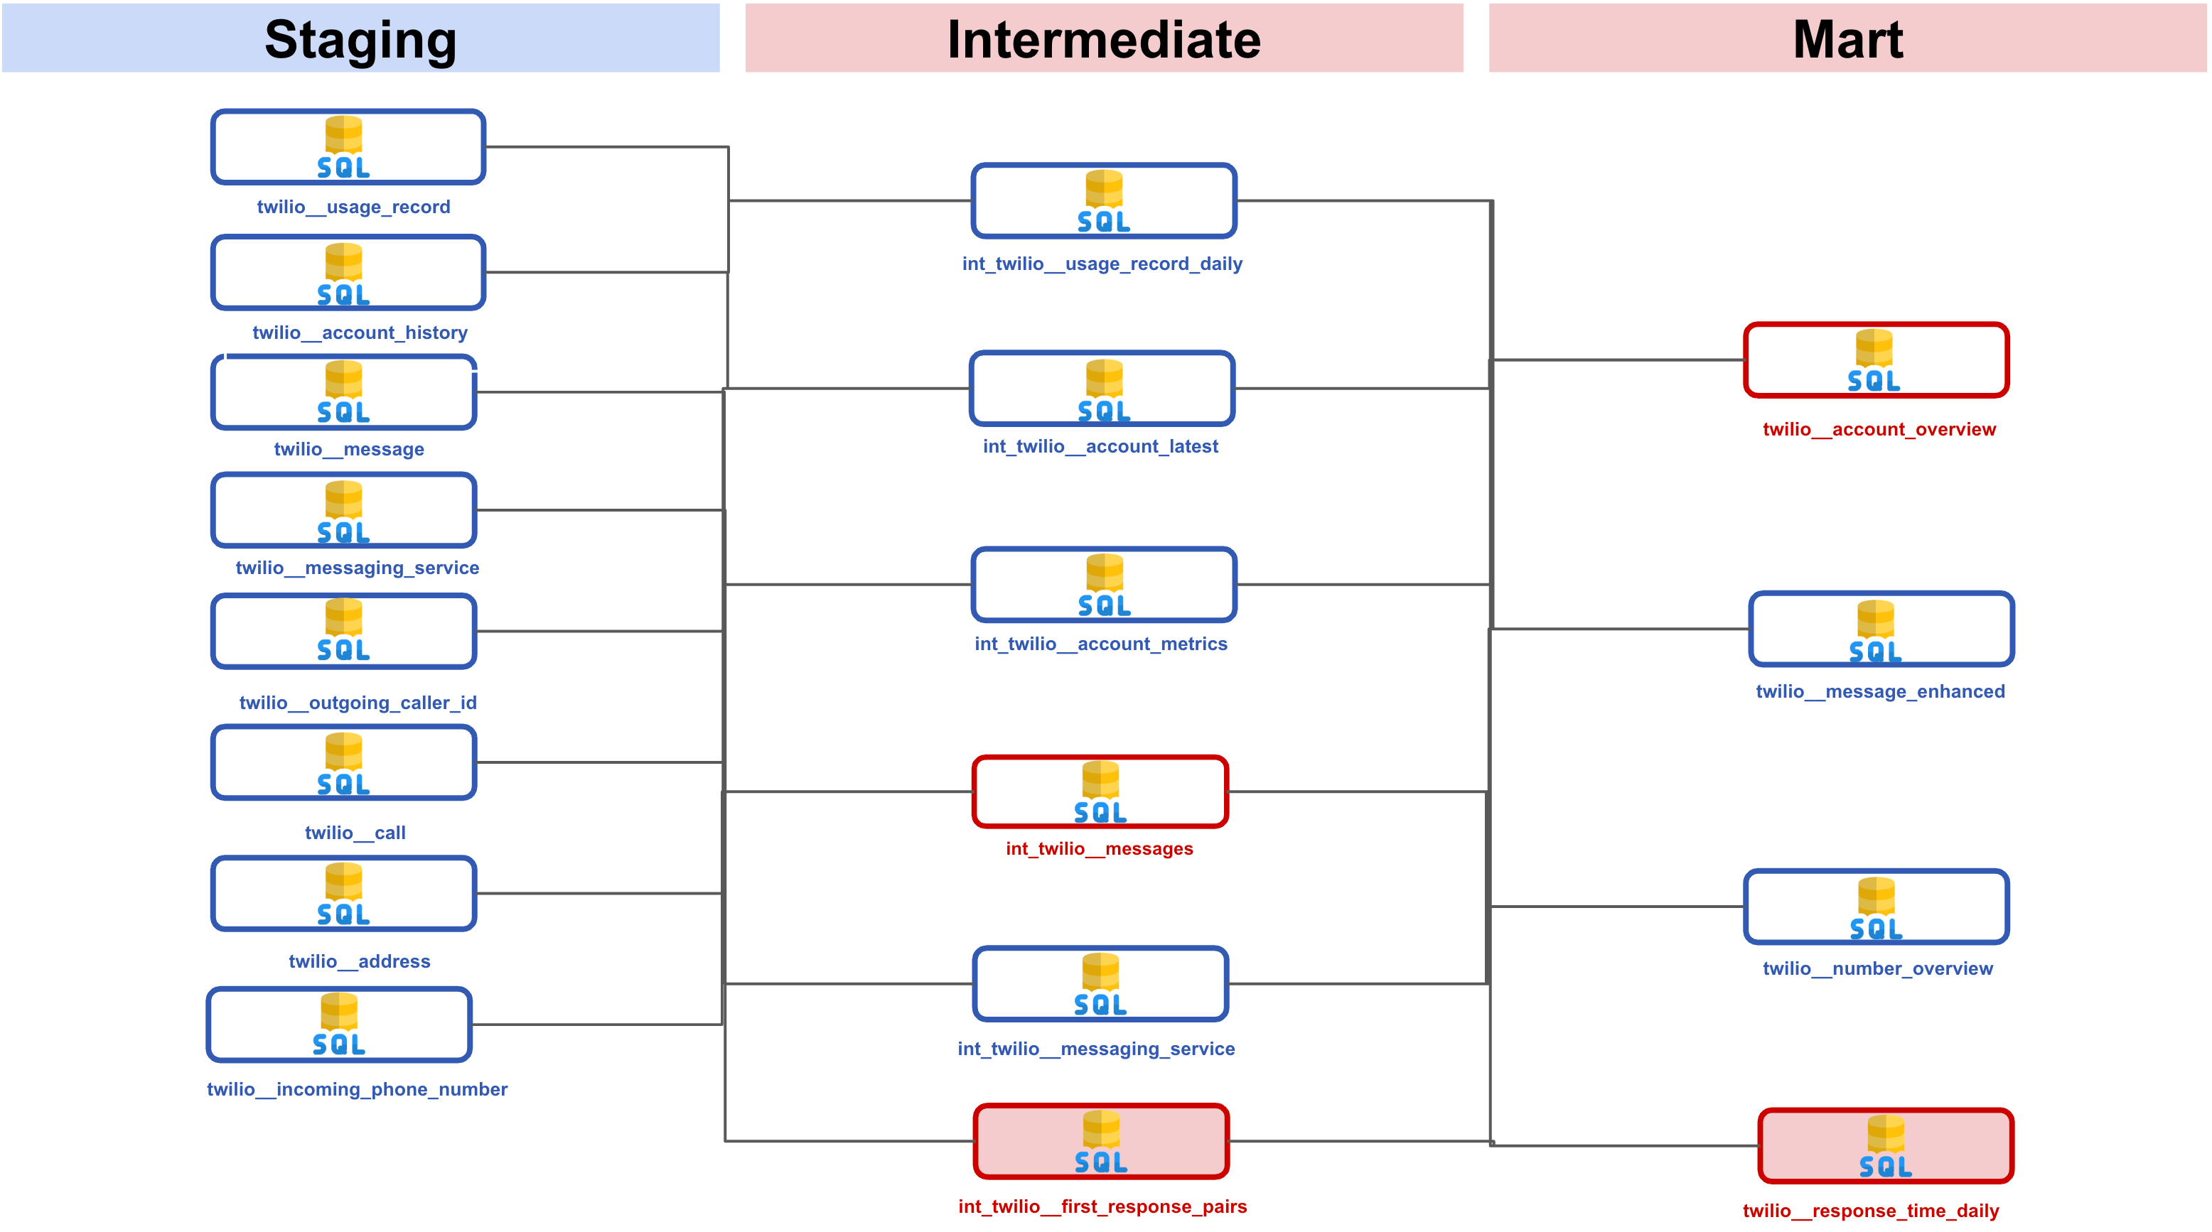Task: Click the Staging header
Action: click(360, 40)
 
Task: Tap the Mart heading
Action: click(1847, 40)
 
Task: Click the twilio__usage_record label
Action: click(353, 207)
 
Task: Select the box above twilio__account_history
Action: click(348, 272)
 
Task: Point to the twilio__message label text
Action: click(348, 449)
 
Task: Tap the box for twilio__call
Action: click(343, 762)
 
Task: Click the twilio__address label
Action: click(359, 961)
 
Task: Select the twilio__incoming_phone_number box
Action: click(339, 1025)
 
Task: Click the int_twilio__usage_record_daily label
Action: click(1102, 264)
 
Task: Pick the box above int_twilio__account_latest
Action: click(1102, 388)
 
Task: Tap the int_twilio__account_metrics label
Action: click(1100, 644)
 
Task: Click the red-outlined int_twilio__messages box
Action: click(1100, 791)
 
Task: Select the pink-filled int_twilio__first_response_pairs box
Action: click(1101, 1141)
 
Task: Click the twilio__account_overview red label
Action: click(1879, 429)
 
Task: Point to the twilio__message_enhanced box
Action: click(1881, 629)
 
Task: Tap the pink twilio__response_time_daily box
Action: click(1885, 1145)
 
